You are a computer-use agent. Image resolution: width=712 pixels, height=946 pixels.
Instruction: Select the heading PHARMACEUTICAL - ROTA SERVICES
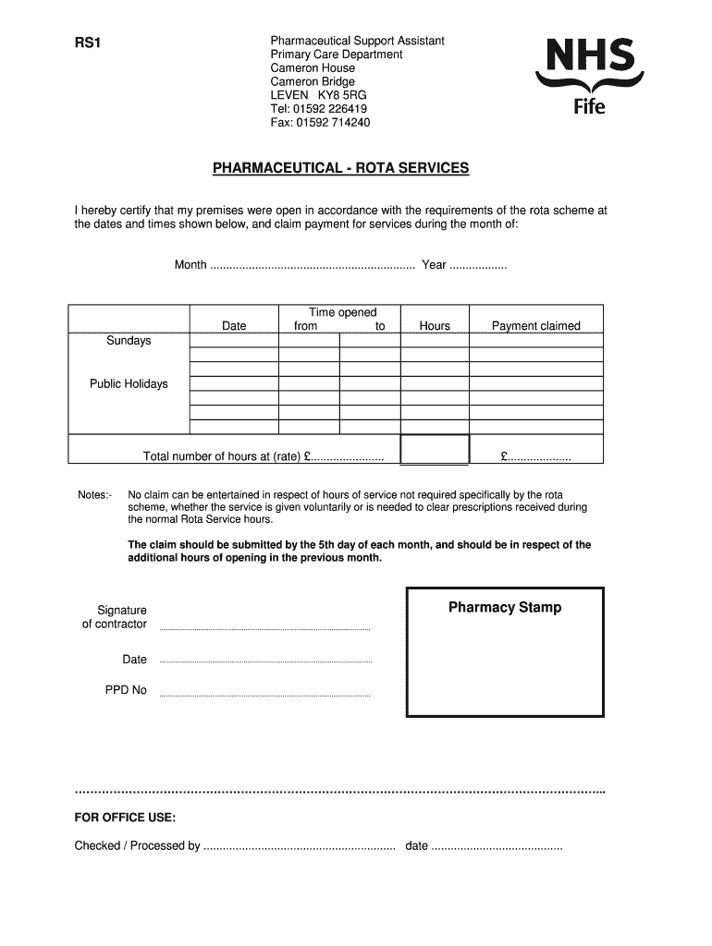coord(341,168)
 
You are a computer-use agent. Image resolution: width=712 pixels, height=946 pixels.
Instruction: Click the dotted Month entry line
coord(313,266)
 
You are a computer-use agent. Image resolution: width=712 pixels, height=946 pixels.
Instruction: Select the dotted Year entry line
coord(477,266)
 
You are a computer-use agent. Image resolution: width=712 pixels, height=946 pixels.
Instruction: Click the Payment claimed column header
coord(535,325)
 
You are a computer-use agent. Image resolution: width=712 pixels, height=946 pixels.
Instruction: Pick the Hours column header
coord(435,325)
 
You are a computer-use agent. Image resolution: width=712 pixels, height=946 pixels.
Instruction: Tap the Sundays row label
coord(129,341)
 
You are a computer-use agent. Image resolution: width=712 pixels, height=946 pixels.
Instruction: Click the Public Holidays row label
coord(129,383)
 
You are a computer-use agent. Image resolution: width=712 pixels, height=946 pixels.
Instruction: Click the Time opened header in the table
coord(342,312)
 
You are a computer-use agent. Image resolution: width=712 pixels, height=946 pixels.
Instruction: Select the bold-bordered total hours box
coord(435,449)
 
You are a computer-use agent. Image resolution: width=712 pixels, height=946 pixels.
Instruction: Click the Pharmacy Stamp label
coord(505,608)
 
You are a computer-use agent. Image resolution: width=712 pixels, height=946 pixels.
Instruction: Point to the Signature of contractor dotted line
coord(264,628)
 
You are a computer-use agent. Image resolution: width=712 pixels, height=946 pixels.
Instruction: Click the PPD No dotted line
coord(264,694)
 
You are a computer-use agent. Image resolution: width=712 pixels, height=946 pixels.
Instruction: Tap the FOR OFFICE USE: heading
coord(125,818)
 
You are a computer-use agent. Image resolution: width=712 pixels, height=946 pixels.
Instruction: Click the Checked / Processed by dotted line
coord(299,847)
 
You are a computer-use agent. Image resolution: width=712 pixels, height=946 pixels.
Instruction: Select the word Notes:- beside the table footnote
coord(95,495)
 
